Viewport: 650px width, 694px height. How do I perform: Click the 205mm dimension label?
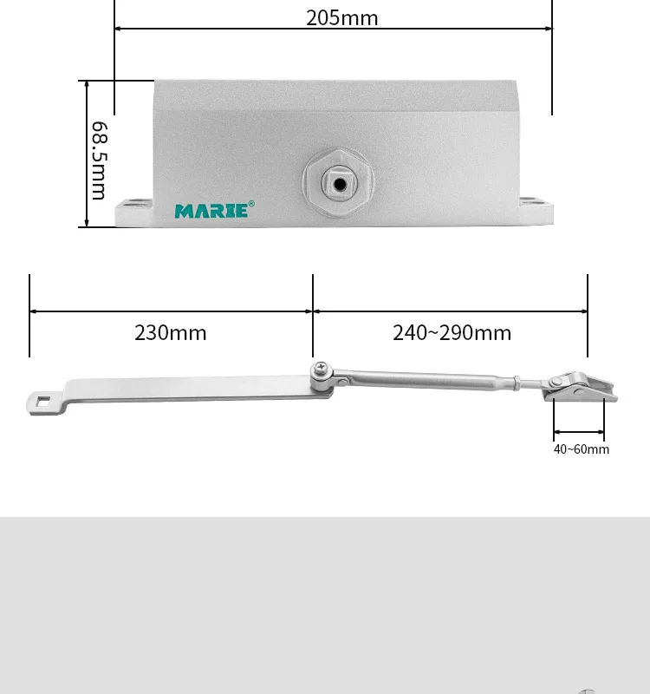pos(341,17)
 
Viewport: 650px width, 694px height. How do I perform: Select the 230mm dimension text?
pos(171,332)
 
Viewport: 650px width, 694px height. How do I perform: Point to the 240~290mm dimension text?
pos(452,332)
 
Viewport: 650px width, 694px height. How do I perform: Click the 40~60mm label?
pos(581,448)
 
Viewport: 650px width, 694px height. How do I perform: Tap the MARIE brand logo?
pos(211,211)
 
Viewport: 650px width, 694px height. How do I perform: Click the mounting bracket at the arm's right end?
pos(579,389)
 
